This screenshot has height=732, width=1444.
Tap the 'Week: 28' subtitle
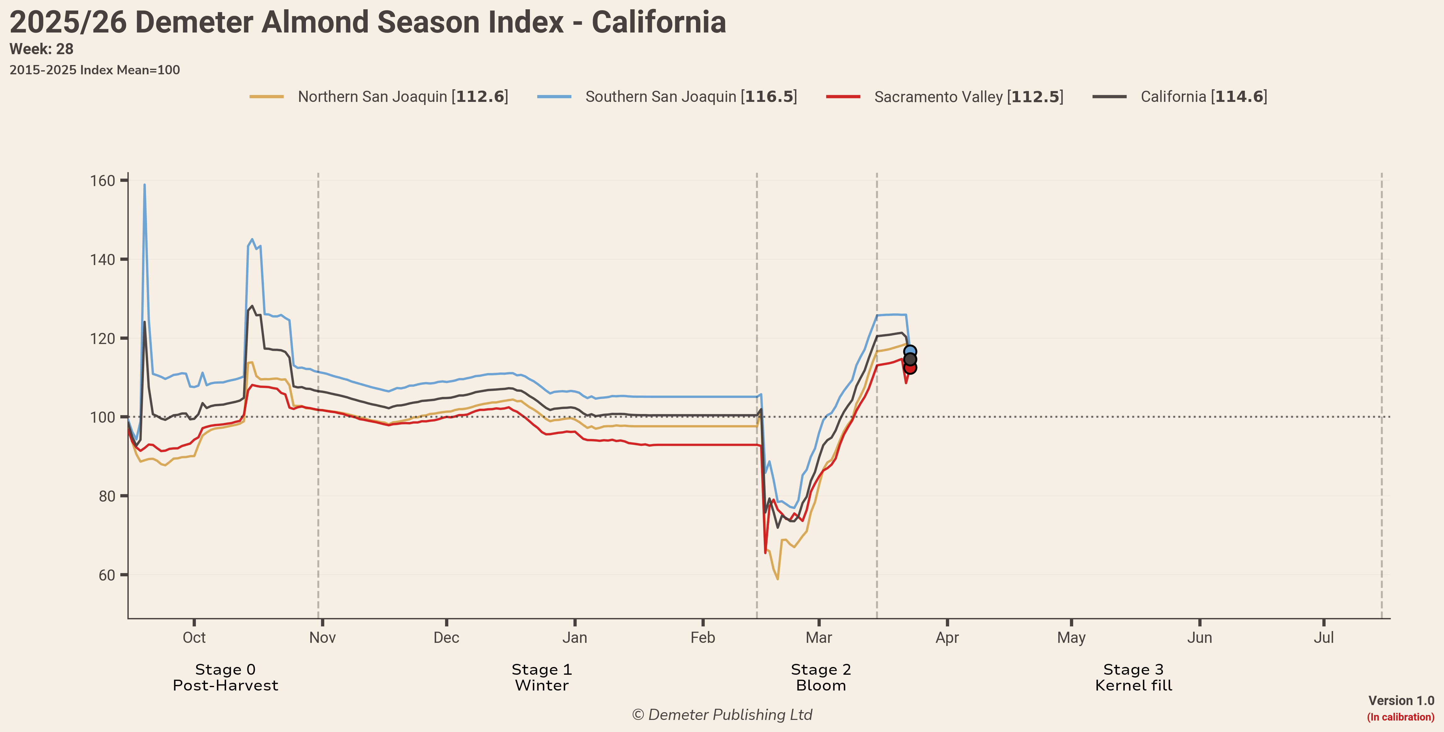tap(41, 49)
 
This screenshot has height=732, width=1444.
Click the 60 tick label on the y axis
tap(106, 575)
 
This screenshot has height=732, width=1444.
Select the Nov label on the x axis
tap(322, 638)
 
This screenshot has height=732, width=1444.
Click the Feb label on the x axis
tap(703, 638)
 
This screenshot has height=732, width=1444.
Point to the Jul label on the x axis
tap(1323, 638)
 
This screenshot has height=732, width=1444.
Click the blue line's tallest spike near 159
tap(145, 185)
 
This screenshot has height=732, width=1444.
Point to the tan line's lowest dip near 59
tap(777, 578)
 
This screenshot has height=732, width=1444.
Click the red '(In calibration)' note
tap(1400, 717)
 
